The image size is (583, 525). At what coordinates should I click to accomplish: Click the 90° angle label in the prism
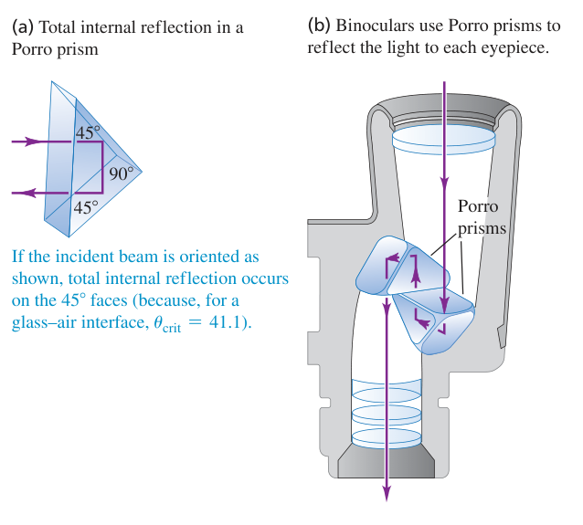(x=122, y=173)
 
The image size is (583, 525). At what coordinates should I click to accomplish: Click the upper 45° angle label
(x=88, y=132)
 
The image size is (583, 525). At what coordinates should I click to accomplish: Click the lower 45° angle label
(x=86, y=207)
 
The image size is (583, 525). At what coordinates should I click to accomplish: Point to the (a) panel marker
(x=23, y=27)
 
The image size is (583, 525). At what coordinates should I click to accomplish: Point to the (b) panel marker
(x=319, y=26)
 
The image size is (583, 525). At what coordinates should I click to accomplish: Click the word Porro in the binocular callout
(x=478, y=206)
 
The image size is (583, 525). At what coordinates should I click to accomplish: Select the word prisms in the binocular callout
(x=482, y=228)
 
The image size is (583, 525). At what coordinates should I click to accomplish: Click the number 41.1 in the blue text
(x=223, y=322)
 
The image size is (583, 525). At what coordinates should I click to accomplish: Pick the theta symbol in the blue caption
(x=158, y=322)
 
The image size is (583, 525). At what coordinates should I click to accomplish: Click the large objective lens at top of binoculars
(x=443, y=141)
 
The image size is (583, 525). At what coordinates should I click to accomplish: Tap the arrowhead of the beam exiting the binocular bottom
(x=387, y=492)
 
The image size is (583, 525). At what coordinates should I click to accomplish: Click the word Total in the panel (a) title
(x=58, y=27)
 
